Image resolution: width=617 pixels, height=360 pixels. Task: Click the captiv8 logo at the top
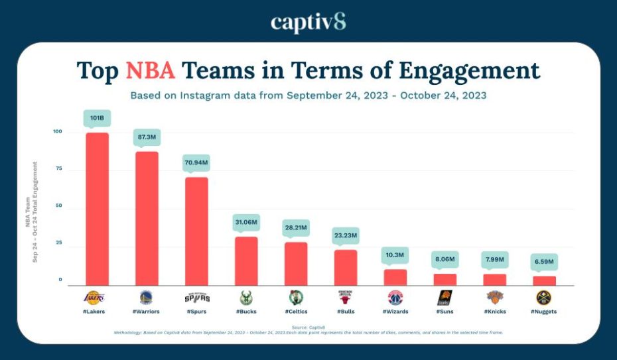(308, 22)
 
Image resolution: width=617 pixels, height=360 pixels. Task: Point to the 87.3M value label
(147, 136)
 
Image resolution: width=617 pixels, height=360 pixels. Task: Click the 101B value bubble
(97, 118)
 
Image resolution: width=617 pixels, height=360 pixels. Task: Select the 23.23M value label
(345, 235)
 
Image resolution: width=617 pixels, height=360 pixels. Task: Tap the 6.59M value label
(544, 261)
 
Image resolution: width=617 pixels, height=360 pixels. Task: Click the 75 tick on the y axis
(58, 168)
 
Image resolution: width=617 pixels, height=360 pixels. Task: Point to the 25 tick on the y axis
(58, 243)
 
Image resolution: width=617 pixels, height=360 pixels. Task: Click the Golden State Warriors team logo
(147, 298)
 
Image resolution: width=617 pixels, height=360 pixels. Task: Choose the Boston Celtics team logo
(296, 298)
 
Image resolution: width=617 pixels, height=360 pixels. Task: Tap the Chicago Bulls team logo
(345, 298)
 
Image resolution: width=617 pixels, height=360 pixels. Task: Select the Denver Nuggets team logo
(544, 298)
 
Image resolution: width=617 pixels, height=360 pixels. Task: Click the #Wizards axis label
(395, 312)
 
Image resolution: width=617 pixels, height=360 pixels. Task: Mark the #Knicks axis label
(494, 312)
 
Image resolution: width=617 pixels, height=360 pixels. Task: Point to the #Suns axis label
(445, 312)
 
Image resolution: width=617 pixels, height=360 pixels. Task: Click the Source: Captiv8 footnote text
(308, 327)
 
